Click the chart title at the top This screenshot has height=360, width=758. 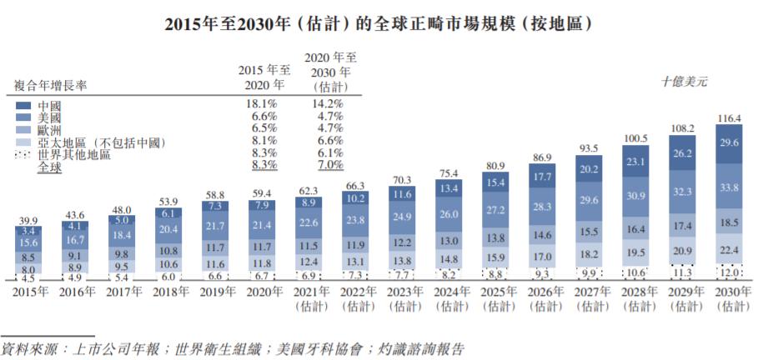(x=379, y=22)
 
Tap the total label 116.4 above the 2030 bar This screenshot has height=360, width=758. (x=730, y=120)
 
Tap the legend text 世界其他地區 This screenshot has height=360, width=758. (x=77, y=155)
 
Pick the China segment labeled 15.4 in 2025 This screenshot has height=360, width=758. (x=496, y=182)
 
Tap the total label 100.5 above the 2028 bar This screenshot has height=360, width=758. (x=636, y=137)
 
